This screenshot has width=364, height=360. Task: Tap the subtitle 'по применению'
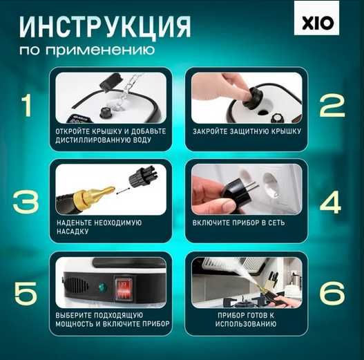point(87,52)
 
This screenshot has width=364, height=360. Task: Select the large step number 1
point(26,106)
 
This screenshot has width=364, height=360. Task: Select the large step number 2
point(332,106)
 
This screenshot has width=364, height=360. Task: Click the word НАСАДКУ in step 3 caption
point(75,233)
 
